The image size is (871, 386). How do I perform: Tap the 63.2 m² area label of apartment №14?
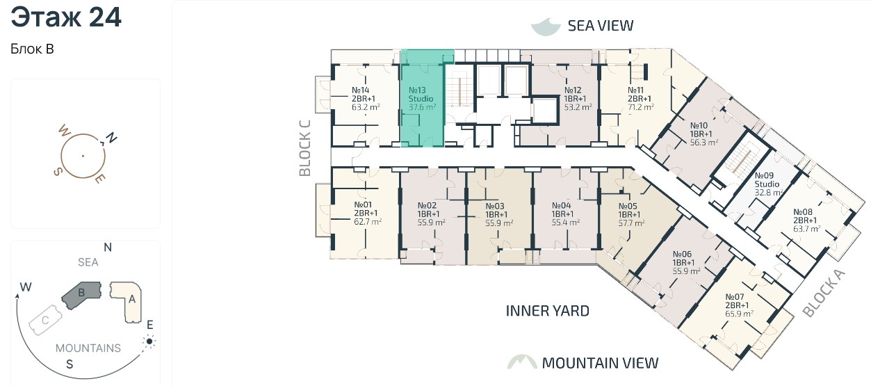point(366,107)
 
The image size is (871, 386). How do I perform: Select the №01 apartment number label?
point(363,204)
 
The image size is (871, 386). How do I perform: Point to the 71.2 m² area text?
point(641,107)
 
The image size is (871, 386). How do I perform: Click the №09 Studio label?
point(767,179)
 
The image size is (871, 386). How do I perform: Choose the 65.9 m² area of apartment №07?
point(739,314)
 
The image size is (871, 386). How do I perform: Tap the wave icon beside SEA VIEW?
point(546,26)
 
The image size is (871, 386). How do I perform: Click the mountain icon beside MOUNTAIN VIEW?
point(522,362)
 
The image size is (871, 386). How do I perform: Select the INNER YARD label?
point(548,311)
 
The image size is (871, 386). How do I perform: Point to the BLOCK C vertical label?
point(305,148)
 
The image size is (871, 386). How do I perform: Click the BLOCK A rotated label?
point(824,293)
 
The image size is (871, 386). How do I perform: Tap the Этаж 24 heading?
point(66,17)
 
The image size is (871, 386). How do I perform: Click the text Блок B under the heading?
point(32,49)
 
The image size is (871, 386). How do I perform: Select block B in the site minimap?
point(81,295)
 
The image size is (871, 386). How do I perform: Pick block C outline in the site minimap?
point(45,320)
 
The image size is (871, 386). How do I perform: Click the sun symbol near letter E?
point(149,341)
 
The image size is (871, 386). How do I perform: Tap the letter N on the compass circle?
point(112,138)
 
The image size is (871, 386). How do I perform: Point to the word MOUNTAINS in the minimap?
point(88,348)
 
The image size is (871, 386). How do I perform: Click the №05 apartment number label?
point(628,206)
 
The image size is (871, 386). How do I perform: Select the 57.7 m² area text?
point(631,223)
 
